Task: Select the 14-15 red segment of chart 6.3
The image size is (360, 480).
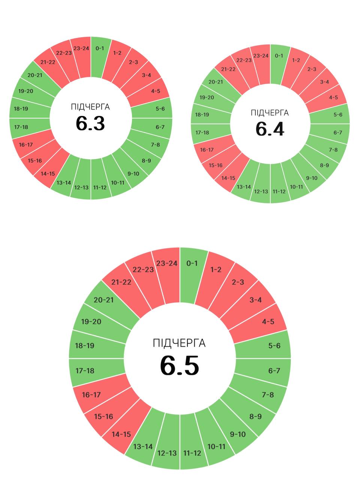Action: click(48, 173)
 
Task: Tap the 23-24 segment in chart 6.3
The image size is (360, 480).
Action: click(81, 49)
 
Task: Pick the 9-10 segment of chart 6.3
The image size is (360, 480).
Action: click(133, 173)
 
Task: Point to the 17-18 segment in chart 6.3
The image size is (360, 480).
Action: click(21, 127)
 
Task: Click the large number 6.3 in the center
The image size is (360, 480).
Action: click(90, 123)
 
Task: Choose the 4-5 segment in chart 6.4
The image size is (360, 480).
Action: click(333, 97)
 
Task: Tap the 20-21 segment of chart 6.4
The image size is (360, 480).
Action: click(216, 82)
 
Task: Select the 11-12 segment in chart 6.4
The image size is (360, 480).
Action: click(279, 191)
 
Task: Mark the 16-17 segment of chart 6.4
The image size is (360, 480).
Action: click(207, 150)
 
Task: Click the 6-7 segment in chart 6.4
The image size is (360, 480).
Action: click(337, 132)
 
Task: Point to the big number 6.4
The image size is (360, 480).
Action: click(270, 129)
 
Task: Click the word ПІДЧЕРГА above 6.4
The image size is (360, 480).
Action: click(270, 113)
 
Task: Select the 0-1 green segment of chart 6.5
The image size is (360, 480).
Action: click(192, 264)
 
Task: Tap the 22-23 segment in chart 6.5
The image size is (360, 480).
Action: click(143, 270)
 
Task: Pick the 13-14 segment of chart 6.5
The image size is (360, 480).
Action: click(143, 446)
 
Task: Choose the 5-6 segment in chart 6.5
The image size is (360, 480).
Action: click(274, 345)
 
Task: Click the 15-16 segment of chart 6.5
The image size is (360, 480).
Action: click(103, 416)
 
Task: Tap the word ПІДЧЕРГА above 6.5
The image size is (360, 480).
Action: click(179, 343)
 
